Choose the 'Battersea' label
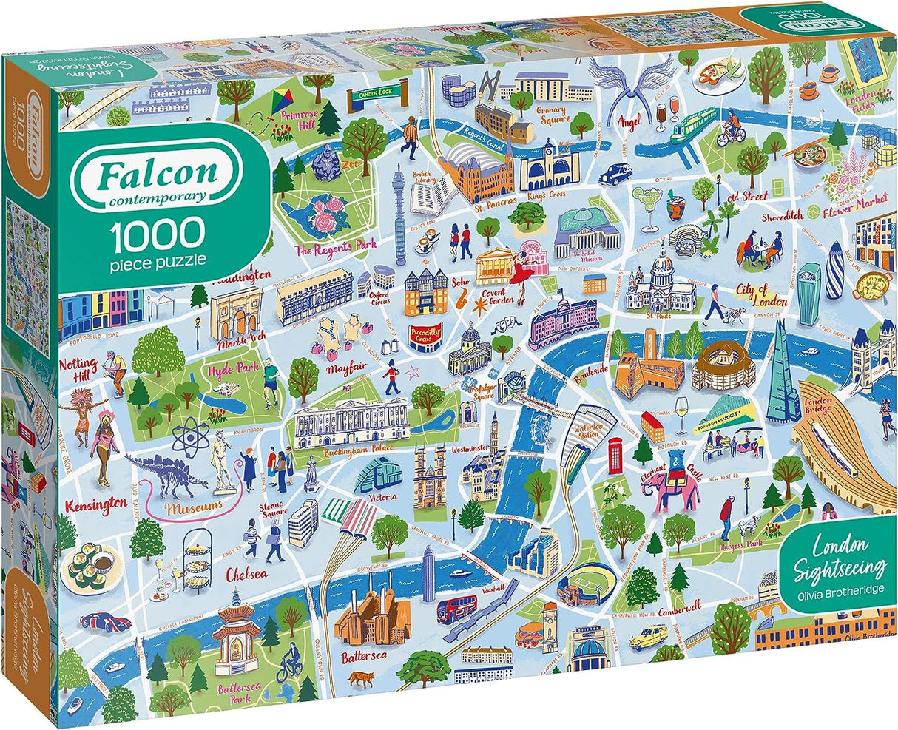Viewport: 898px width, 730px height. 361,656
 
